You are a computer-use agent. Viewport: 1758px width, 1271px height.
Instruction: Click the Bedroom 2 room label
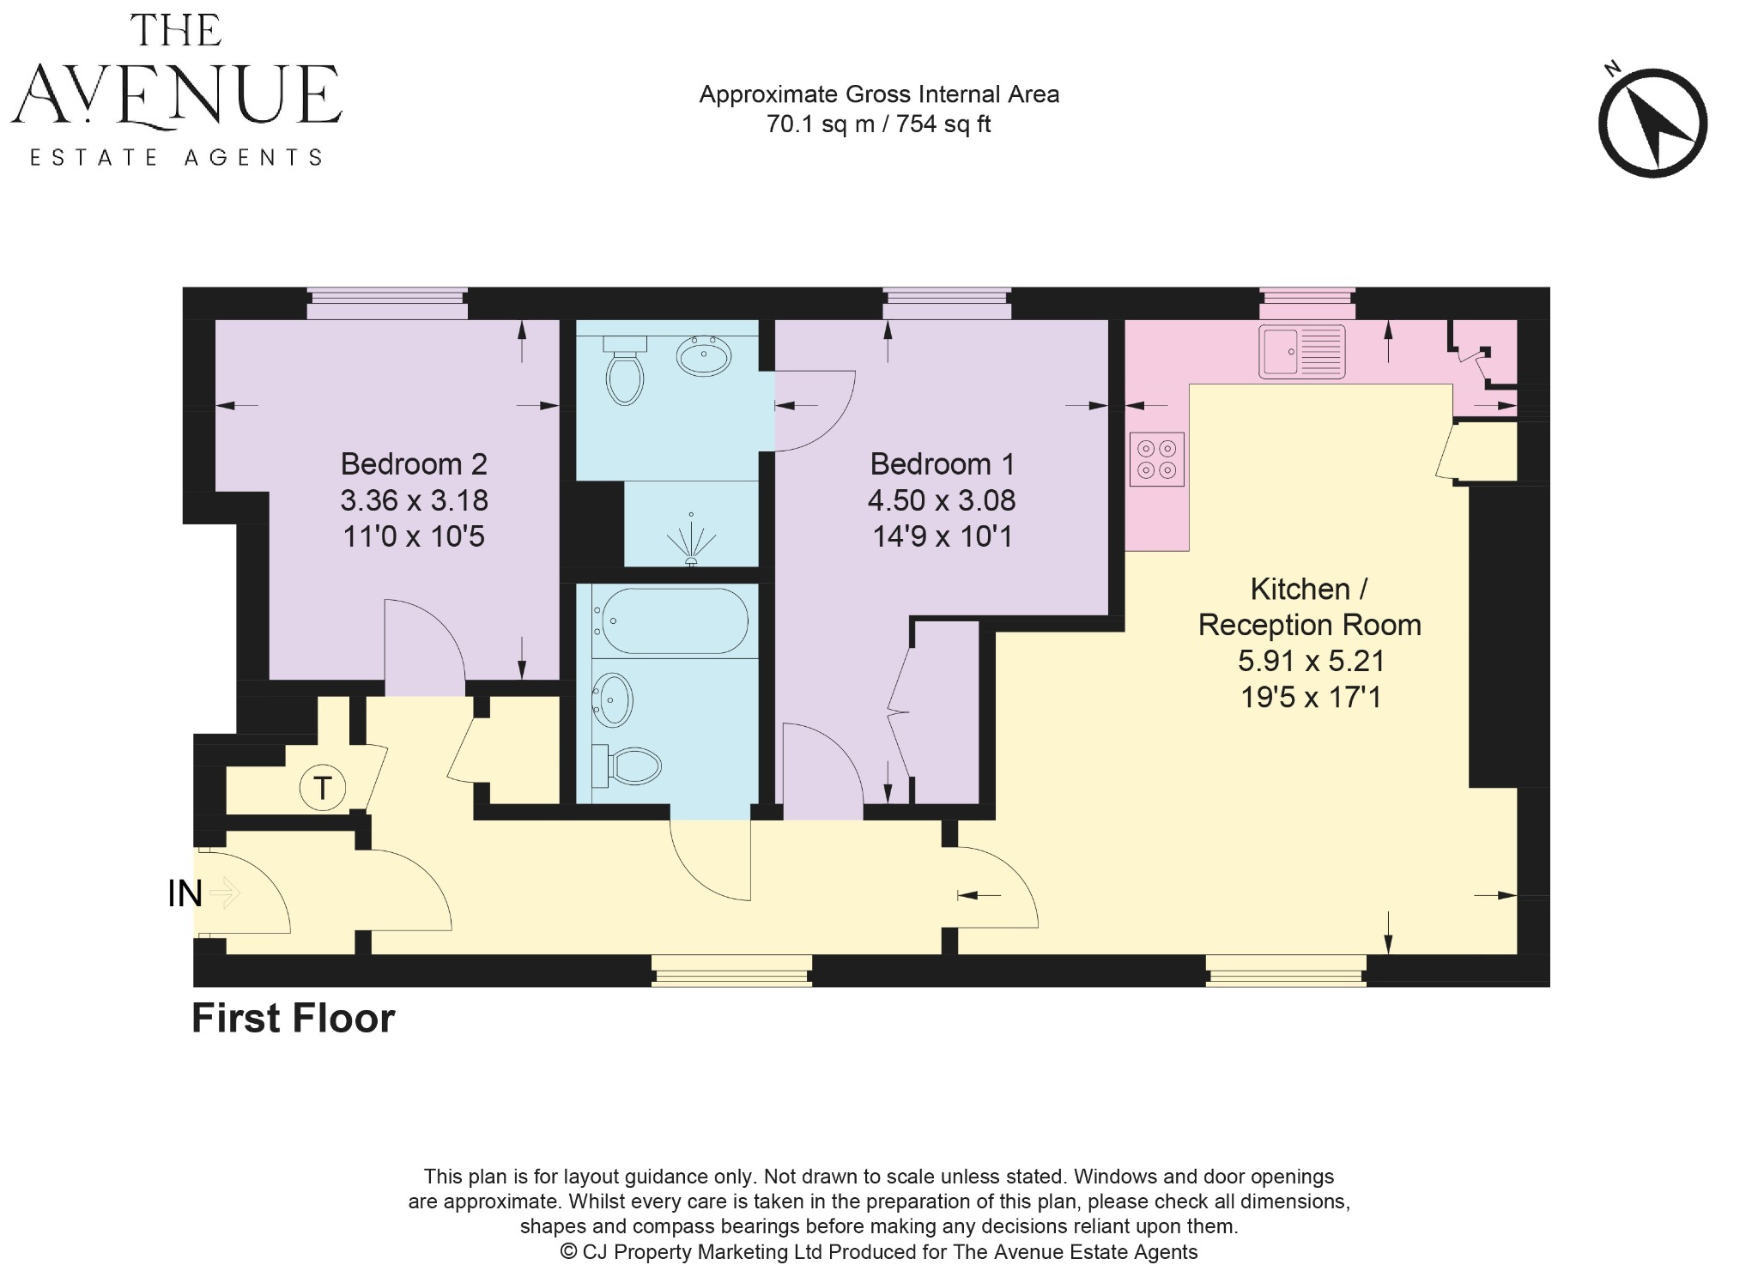click(414, 464)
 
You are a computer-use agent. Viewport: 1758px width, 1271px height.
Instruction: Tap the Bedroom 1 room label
click(942, 464)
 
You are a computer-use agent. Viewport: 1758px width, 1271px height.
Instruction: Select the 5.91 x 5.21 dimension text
click(1311, 661)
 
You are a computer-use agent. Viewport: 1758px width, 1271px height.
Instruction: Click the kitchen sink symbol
click(1301, 351)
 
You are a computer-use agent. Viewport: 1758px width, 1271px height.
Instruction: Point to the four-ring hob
click(1156, 459)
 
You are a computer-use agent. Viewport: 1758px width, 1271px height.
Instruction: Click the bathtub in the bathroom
click(674, 620)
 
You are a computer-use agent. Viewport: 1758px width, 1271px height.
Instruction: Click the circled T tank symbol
click(322, 787)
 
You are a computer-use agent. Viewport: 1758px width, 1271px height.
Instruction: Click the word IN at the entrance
click(185, 894)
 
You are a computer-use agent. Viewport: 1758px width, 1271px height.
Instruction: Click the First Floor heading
click(293, 1019)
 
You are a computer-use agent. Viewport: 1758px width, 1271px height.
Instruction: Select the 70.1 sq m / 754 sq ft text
click(878, 124)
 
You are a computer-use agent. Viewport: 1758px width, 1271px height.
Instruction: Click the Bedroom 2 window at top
click(387, 304)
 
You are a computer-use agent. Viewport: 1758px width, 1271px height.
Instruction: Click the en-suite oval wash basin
click(703, 355)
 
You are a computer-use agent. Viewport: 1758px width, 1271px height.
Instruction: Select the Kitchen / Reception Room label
click(1309, 607)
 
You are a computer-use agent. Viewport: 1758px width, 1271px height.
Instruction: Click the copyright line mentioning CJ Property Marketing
click(878, 1252)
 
